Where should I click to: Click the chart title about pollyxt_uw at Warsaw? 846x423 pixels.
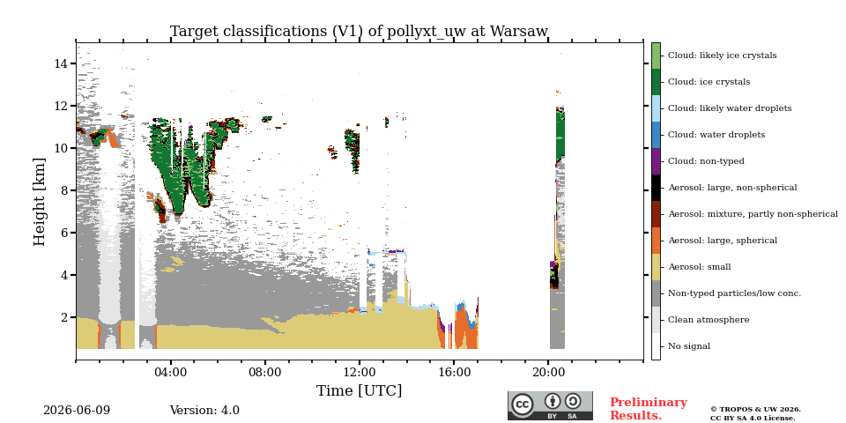(359, 32)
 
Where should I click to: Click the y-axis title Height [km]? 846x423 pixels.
(40, 202)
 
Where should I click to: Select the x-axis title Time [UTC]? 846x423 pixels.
(359, 390)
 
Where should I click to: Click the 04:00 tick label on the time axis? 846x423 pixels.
(170, 372)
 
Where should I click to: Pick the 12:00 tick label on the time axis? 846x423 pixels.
(360, 372)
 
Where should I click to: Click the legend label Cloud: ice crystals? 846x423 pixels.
(709, 82)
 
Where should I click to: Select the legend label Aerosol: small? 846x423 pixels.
(699, 267)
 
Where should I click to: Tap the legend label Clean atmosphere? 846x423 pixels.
(709, 320)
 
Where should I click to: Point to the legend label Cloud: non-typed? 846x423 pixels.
(706, 161)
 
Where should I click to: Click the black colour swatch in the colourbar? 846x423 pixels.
(656, 188)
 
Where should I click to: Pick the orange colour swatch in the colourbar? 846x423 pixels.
(656, 241)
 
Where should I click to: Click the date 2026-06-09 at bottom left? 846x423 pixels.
(77, 411)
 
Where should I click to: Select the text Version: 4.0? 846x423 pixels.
(204, 411)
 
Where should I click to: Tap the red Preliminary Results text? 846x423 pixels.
(649, 409)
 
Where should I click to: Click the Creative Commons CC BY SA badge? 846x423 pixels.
(550, 405)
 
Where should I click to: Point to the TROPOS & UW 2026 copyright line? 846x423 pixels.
(755, 410)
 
